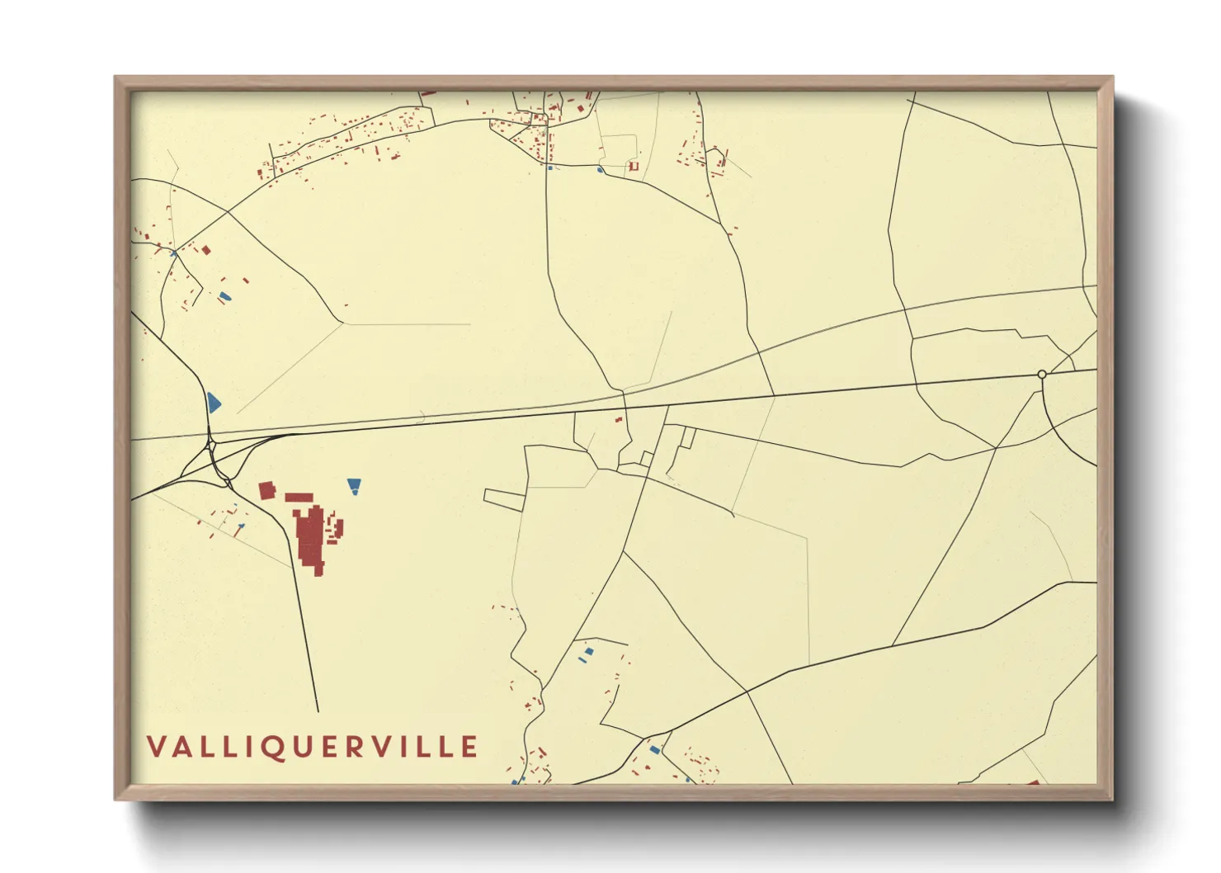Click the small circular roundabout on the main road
tap(1042, 375)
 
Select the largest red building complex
tap(311, 536)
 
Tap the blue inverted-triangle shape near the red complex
tap(354, 484)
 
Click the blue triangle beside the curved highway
tap(214, 403)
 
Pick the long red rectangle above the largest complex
tap(299, 498)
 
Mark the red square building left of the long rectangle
tap(266, 491)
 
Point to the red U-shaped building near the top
tap(634, 167)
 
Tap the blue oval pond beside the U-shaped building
tap(601, 170)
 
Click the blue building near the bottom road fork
tap(655, 750)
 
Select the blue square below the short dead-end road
tap(589, 652)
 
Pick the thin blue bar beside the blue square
tap(582, 661)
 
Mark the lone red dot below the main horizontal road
tap(618, 420)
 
